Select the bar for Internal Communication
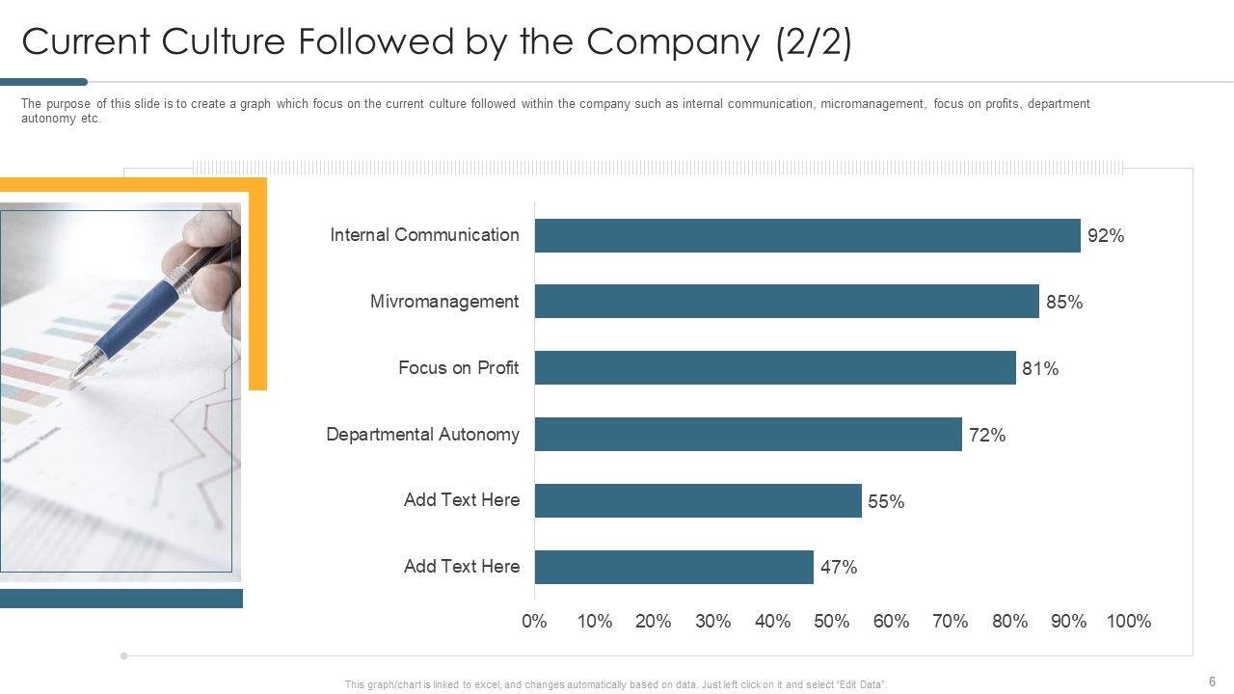(807, 235)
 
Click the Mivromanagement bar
(787, 302)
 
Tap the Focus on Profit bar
(775, 367)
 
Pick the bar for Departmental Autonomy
(748, 434)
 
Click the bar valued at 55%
(698, 500)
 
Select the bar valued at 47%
(674, 567)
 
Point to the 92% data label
(1106, 236)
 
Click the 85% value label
(1064, 303)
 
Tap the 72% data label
(987, 436)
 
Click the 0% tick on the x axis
(534, 622)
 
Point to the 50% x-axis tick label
(832, 622)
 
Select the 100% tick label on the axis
(1129, 622)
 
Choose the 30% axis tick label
(712, 622)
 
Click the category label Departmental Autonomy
(422, 435)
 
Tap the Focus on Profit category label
(458, 368)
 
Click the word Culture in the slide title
(223, 43)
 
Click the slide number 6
(1212, 681)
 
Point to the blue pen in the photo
(145, 308)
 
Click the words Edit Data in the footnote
(862, 684)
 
